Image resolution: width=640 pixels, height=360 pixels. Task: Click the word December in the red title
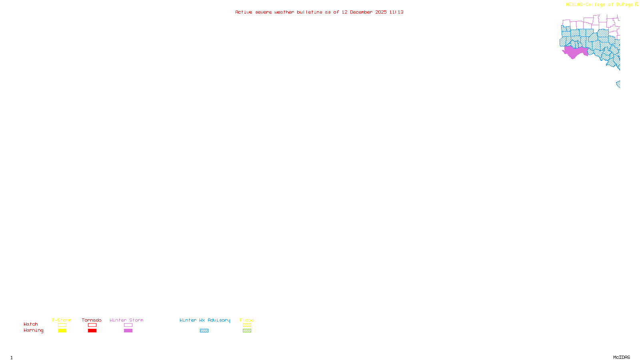pos(361,12)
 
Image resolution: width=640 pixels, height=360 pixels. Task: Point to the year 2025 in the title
pos(381,12)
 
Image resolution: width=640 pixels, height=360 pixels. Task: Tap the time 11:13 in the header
pos(396,12)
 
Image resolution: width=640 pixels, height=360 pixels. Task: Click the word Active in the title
pos(244,12)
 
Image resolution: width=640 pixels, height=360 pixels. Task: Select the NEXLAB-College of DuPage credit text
pos(600,4)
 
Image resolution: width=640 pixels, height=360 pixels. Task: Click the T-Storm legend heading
pos(62,320)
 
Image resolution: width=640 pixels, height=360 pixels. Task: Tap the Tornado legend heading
pos(92,320)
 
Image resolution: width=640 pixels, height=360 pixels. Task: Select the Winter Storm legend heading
pos(126,320)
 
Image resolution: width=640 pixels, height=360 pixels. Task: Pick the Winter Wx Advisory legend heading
pos(205,320)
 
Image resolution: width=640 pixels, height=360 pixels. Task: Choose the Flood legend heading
pos(247,320)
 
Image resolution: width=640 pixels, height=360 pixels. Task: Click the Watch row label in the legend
pos(31,324)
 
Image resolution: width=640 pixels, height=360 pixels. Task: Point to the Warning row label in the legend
pos(33,330)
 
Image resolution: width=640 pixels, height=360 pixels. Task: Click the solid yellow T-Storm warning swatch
pos(62,331)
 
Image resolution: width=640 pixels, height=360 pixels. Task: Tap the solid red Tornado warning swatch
pos(92,331)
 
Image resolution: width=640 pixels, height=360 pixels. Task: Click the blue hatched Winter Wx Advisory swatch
pos(204,331)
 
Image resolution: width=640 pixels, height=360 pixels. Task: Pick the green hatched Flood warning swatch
pos(247,331)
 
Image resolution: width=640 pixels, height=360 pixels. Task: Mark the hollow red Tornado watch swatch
pos(92,325)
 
